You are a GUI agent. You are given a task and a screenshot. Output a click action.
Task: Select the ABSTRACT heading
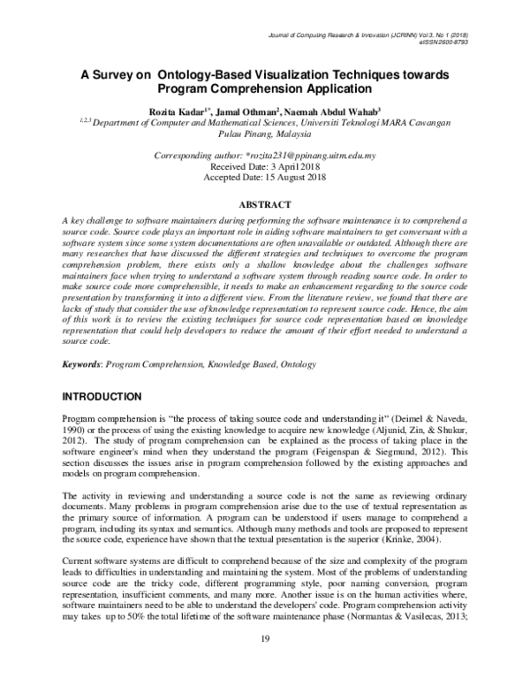pyautogui.click(x=265, y=202)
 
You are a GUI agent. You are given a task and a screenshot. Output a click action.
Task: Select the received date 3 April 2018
pyautogui.click(x=288, y=166)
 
